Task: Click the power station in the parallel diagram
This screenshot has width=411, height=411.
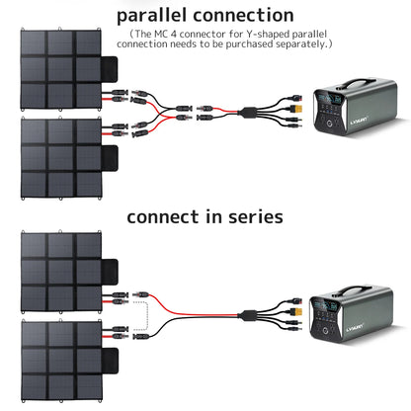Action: tap(360, 118)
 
